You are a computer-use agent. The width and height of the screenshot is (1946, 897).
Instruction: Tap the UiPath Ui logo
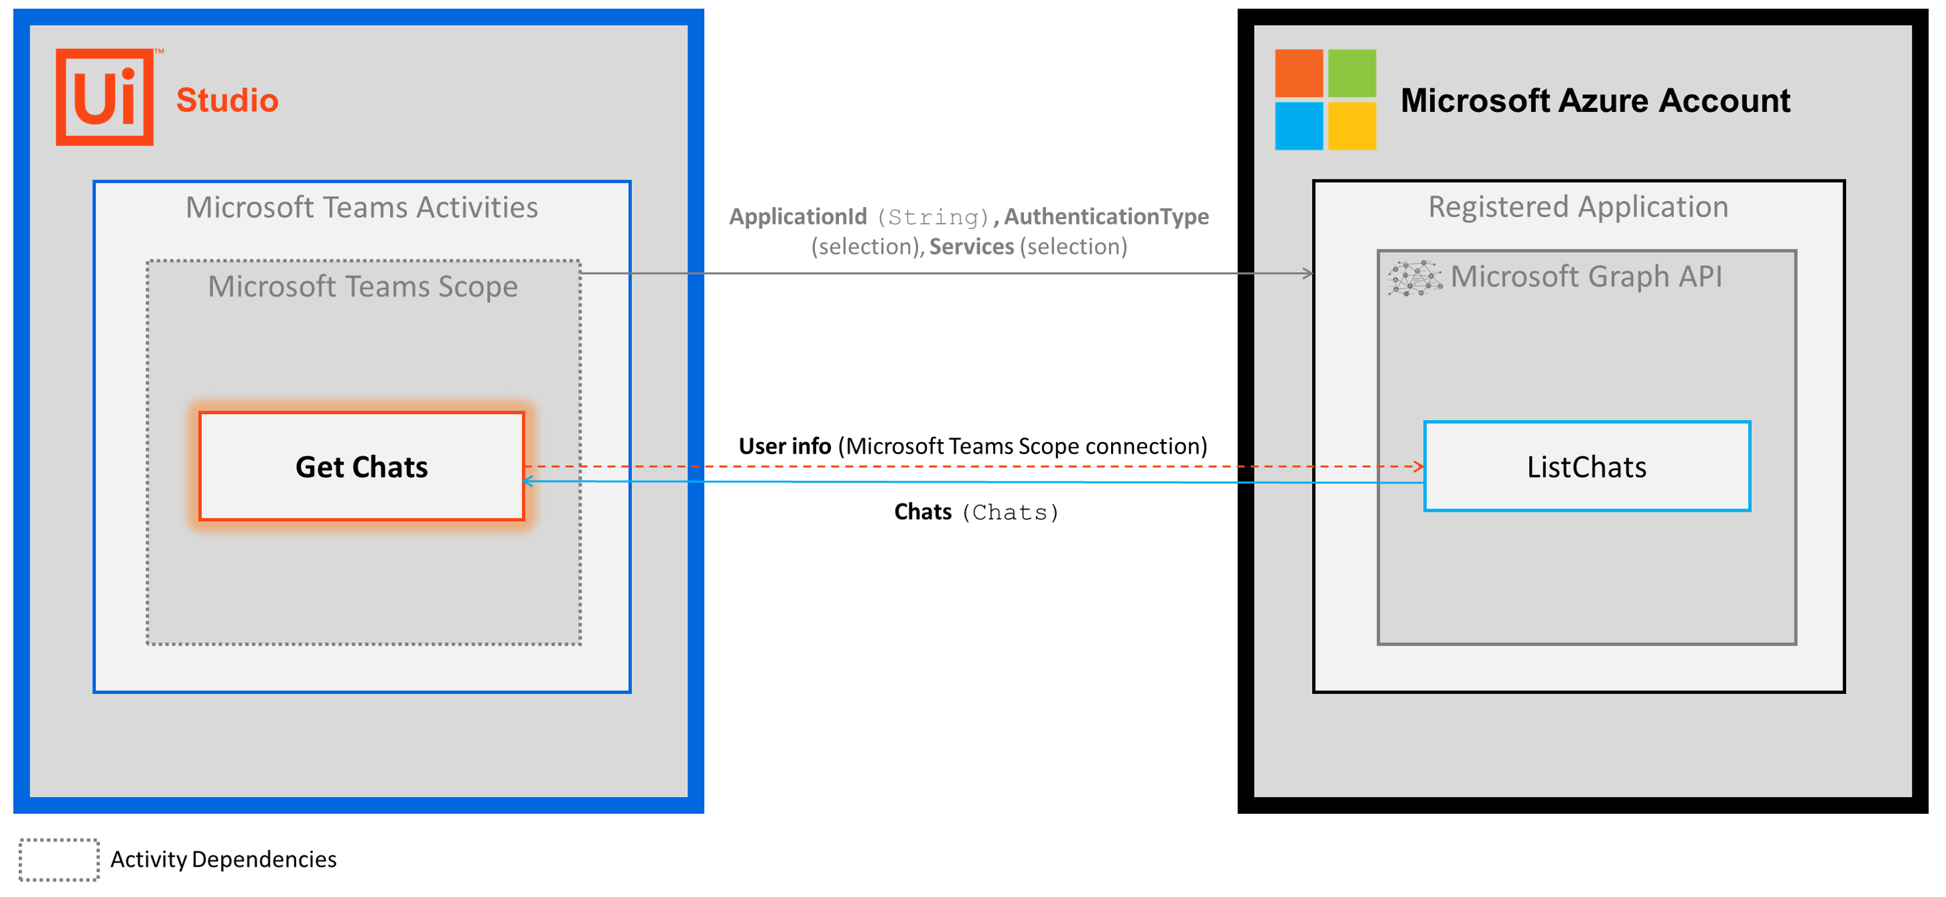pyautogui.click(x=105, y=96)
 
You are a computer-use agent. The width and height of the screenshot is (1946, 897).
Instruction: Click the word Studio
pyautogui.click(x=227, y=100)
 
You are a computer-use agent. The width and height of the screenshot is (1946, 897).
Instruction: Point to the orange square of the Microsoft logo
pyautogui.click(x=1299, y=73)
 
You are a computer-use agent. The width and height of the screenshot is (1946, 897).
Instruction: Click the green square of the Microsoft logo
pyautogui.click(x=1352, y=73)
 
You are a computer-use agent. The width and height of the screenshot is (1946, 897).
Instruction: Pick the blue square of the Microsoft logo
pyautogui.click(x=1299, y=126)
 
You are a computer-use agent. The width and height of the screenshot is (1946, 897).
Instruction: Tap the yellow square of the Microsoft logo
pyautogui.click(x=1352, y=126)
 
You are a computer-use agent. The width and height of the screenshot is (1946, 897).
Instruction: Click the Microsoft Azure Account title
pyautogui.click(x=1595, y=100)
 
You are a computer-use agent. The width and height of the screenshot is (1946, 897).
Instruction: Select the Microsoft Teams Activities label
pyautogui.click(x=362, y=208)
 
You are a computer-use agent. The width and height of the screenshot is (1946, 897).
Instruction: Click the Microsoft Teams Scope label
pyautogui.click(x=363, y=287)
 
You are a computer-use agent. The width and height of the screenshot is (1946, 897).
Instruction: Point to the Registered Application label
pyautogui.click(x=1577, y=207)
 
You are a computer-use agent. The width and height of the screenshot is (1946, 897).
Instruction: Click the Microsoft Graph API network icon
pyautogui.click(x=1414, y=278)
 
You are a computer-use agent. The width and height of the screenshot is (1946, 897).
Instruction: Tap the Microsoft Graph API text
pyautogui.click(x=1585, y=277)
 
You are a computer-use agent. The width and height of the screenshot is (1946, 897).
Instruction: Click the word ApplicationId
pyautogui.click(x=797, y=216)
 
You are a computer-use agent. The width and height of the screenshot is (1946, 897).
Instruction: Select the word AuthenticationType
pyautogui.click(x=1106, y=216)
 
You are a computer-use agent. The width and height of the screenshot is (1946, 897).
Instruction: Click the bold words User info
pyautogui.click(x=784, y=446)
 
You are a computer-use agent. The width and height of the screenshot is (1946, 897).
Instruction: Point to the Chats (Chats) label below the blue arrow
pyautogui.click(x=976, y=512)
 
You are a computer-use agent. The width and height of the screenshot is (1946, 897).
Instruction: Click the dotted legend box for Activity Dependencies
pyautogui.click(x=59, y=859)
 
